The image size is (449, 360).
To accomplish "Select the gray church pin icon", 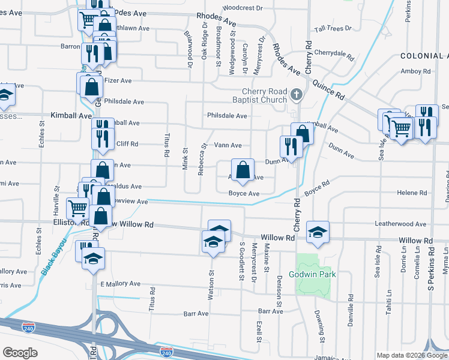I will pyautogui.click(x=296, y=95).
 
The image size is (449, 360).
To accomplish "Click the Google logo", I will pyautogui.click(x=20, y=353).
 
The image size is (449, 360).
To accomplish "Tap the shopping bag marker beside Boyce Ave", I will pyautogui.click(x=243, y=170).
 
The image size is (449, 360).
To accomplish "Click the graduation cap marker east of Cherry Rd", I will pyautogui.click(x=318, y=232).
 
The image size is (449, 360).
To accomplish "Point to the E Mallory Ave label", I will pyautogui.click(x=119, y=284).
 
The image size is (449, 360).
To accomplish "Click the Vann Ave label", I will pyautogui.click(x=228, y=145).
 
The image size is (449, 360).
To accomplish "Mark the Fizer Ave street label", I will pyautogui.click(x=118, y=80).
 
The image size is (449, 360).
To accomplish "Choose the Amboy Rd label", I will pyautogui.click(x=416, y=71).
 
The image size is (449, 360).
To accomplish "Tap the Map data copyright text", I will pyautogui.click(x=411, y=355).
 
